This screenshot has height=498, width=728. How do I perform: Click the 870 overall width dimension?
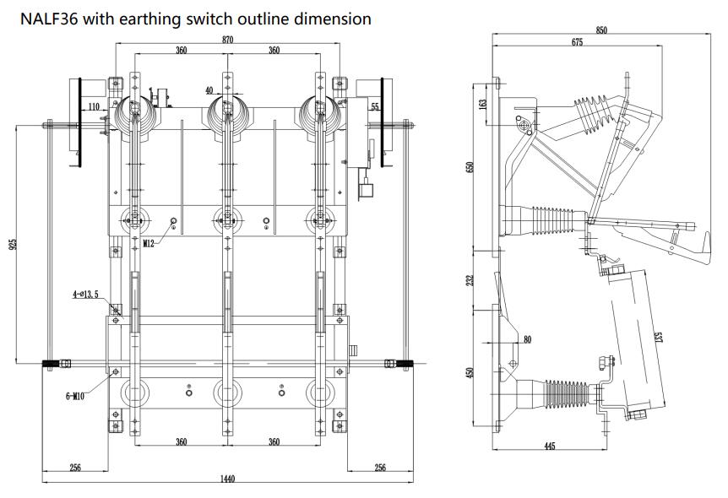pos(227,40)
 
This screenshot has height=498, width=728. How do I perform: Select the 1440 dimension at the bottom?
pos(227,479)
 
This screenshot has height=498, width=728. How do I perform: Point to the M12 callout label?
pos(149,243)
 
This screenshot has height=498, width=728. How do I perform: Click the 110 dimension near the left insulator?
pos(94,106)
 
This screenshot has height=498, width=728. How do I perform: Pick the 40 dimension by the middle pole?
pos(209,90)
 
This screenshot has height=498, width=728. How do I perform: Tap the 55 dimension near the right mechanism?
pos(374,107)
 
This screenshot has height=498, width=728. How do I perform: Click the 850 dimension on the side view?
pos(601,30)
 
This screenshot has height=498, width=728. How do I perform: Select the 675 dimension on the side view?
pos(577,42)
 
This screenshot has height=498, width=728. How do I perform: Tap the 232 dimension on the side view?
pos(471,280)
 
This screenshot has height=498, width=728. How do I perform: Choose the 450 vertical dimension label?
pos(471,372)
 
